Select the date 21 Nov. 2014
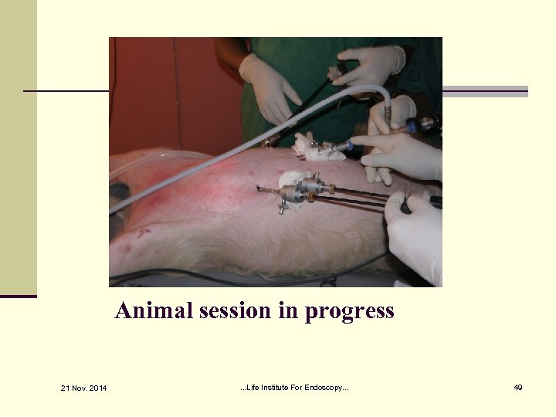(85, 387)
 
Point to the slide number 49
(518, 387)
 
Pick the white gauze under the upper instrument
(318, 150)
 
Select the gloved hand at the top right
(369, 65)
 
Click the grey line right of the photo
(485, 91)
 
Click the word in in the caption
(290, 310)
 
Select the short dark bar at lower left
(19, 296)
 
